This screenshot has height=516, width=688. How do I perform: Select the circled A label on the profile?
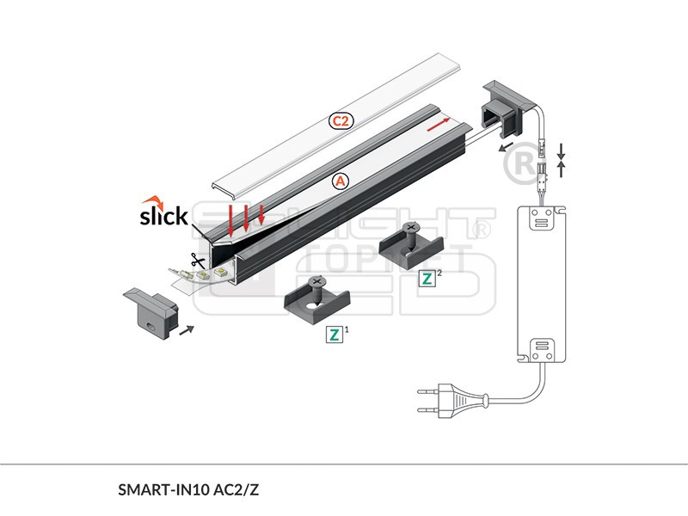click(341, 181)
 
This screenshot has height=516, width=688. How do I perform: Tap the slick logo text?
click(163, 215)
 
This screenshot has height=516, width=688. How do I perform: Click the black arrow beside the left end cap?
click(187, 328)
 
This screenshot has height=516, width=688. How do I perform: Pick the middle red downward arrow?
click(246, 218)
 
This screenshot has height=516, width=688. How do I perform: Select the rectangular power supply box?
click(542, 284)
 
